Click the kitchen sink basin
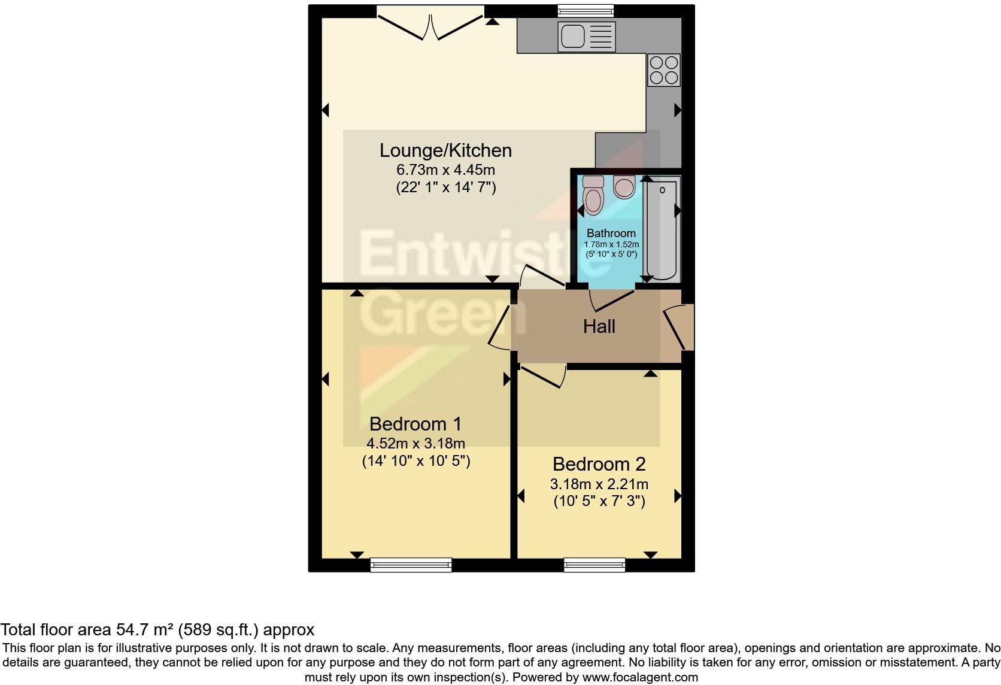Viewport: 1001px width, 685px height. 572,36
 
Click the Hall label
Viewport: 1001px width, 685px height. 599,326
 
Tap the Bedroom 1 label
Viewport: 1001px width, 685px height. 415,424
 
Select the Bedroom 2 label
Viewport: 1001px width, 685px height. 599,464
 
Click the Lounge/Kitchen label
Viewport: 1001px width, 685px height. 445,150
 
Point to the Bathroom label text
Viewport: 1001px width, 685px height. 611,233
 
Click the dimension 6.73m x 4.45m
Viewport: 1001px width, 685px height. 445,169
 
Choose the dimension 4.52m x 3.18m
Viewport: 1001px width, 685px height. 415,443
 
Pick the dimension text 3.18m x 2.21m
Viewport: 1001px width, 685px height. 599,484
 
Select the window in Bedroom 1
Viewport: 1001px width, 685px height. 411,564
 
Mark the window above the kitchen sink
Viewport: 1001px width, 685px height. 586,10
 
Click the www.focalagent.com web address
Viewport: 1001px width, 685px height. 640,677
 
